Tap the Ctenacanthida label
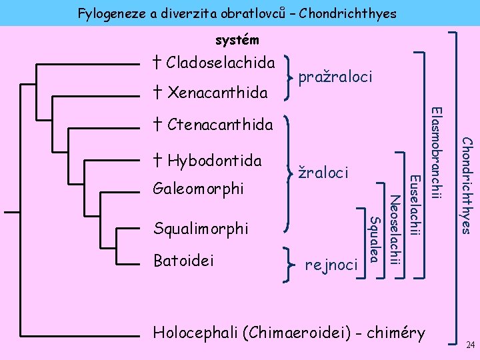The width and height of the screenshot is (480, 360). [x=219, y=125]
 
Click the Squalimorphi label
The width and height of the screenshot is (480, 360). [x=201, y=228]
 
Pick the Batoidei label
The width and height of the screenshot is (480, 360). [x=184, y=260]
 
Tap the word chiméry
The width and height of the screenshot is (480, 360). [x=393, y=332]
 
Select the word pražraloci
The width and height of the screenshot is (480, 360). [x=335, y=78]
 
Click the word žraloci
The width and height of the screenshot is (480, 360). [x=323, y=173]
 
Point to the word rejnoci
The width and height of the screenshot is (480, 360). [x=331, y=265]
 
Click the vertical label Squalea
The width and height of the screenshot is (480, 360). [x=375, y=239]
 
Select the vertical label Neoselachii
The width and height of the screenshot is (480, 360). [x=395, y=231]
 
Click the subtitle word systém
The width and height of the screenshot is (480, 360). [x=237, y=41]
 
